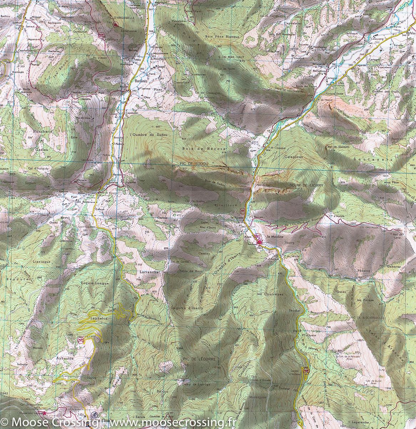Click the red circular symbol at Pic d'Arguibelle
tap(115, 25)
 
